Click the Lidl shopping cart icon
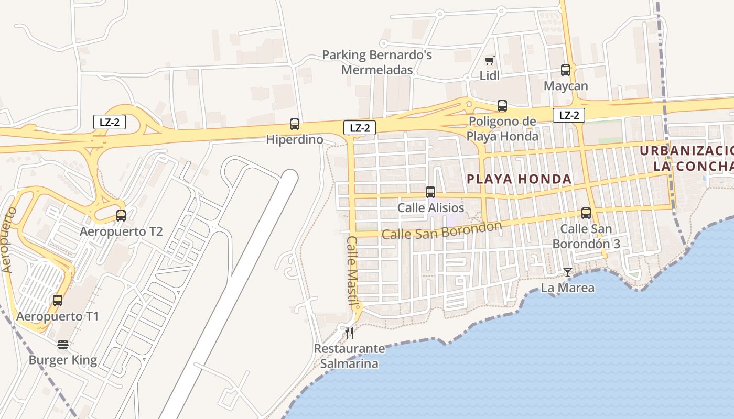pyautogui.click(x=489, y=61)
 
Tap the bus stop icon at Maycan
pyautogui.click(x=565, y=70)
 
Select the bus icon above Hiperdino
pyautogui.click(x=295, y=124)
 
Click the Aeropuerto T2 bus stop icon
pyautogui.click(x=121, y=215)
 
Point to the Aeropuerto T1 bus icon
pyautogui.click(x=58, y=301)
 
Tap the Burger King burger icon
pyautogui.click(x=63, y=344)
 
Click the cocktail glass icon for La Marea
pyautogui.click(x=567, y=272)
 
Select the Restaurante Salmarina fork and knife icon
pyautogui.click(x=349, y=333)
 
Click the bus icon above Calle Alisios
pyautogui.click(x=430, y=192)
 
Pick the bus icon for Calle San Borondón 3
pyautogui.click(x=586, y=213)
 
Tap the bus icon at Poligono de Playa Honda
pyautogui.click(x=502, y=106)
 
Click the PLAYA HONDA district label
pyautogui.click(x=519, y=179)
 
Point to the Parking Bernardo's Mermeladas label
pyautogui.click(x=377, y=62)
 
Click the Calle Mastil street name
pyautogui.click(x=352, y=270)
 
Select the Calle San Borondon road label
pyautogui.click(x=441, y=230)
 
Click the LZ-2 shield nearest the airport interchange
pyautogui.click(x=110, y=122)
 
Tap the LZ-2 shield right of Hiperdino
pyautogui.click(x=360, y=127)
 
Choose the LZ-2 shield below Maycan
pyautogui.click(x=568, y=115)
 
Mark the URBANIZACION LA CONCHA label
pyautogui.click(x=687, y=158)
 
